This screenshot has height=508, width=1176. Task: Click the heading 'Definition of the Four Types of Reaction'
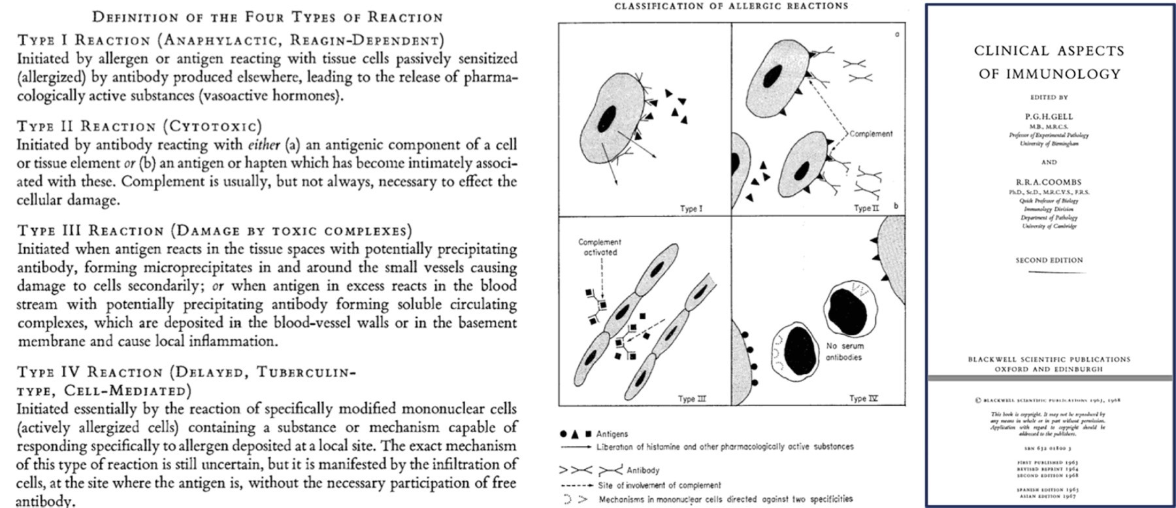267,16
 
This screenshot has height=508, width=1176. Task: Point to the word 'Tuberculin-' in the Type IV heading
306,372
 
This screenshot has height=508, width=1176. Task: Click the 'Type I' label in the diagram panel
691,209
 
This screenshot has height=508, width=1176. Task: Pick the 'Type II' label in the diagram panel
866,209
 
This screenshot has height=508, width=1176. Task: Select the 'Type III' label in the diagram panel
692,399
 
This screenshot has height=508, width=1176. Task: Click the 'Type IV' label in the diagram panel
864,398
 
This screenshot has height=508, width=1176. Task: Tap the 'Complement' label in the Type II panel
871,133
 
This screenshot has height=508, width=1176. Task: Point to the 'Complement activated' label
600,247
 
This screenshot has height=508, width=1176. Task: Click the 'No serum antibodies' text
844,351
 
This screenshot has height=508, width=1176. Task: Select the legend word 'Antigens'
612,433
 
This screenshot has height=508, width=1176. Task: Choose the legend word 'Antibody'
643,470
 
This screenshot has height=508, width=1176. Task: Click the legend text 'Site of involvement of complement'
659,485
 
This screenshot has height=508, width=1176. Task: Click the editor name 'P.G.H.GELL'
1049,116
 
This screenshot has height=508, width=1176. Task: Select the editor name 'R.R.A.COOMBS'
1049,182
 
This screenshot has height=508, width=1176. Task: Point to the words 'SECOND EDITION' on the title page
1049,260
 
